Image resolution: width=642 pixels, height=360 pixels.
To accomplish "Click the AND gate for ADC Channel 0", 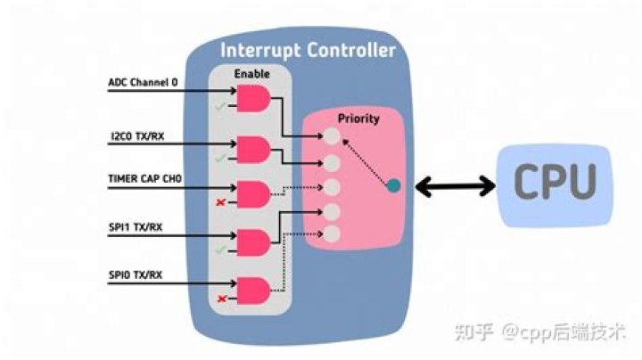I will (x=252, y=99).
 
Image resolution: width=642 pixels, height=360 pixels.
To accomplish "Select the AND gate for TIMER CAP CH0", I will (x=252, y=193).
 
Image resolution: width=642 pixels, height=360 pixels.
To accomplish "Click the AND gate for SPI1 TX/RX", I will (x=252, y=241).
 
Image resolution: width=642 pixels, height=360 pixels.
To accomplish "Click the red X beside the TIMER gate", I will (x=220, y=203).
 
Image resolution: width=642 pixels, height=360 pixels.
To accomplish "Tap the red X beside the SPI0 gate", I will (x=220, y=298).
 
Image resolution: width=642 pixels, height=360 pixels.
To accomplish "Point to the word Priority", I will (x=358, y=119).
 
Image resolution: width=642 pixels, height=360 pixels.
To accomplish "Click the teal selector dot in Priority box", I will (x=393, y=185).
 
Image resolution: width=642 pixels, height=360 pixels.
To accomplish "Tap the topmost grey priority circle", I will (x=332, y=138).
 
